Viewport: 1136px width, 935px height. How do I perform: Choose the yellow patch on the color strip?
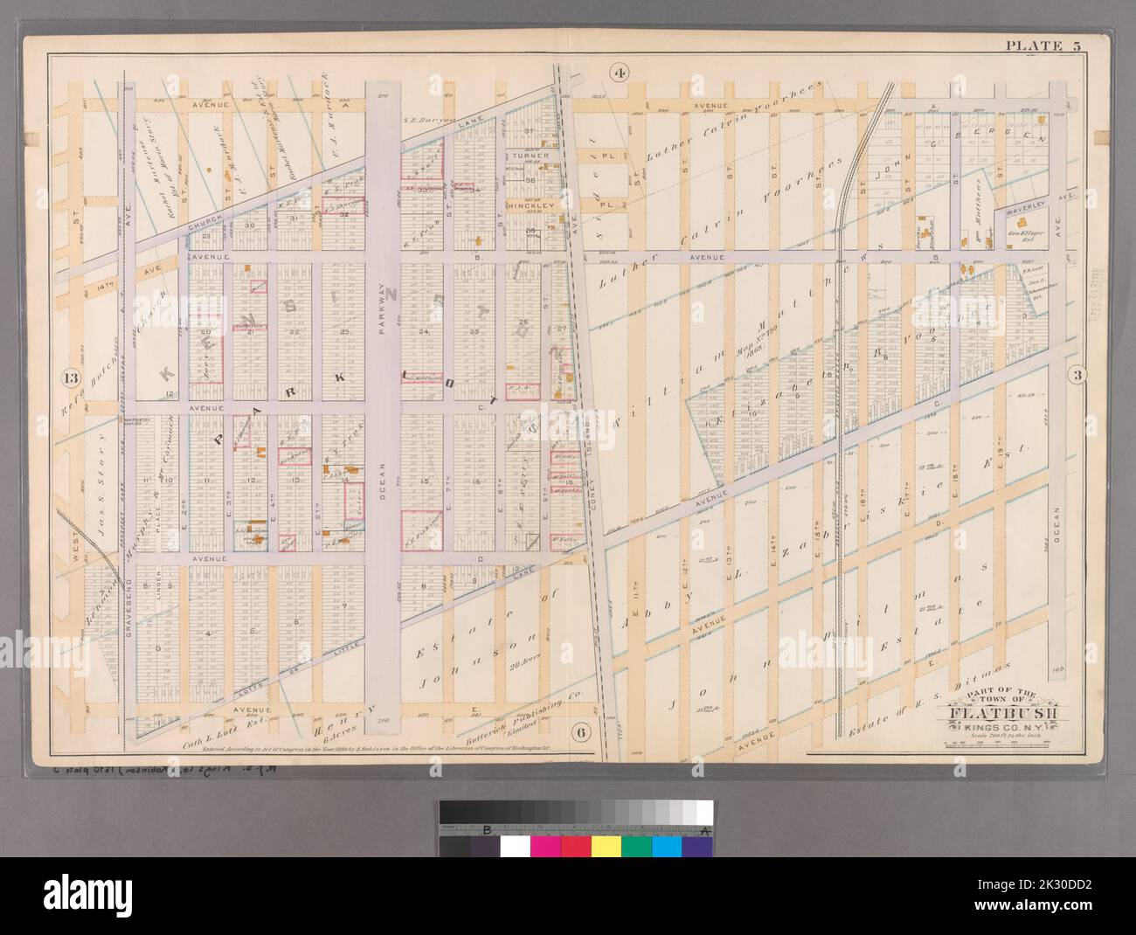(x=606, y=846)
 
